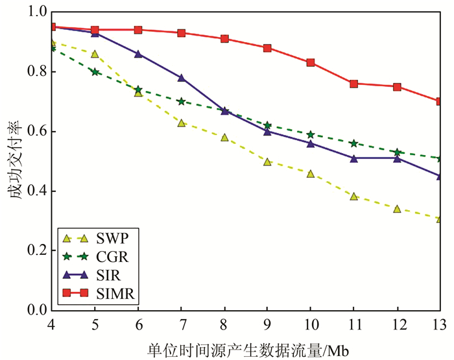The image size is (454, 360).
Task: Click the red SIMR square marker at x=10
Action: [311, 63]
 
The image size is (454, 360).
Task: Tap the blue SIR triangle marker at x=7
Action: [181, 78]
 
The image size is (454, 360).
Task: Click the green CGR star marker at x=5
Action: [95, 71]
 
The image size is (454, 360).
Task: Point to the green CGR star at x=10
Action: [311, 134]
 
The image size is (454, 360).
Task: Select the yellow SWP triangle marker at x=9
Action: [267, 162]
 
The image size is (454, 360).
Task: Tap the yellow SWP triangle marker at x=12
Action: [397, 209]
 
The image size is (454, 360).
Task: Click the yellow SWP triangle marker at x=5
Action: [95, 54]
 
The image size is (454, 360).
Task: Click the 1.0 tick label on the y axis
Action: [36, 12]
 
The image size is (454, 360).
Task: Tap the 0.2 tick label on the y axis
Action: [36, 250]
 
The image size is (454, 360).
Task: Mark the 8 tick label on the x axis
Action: [224, 323]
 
